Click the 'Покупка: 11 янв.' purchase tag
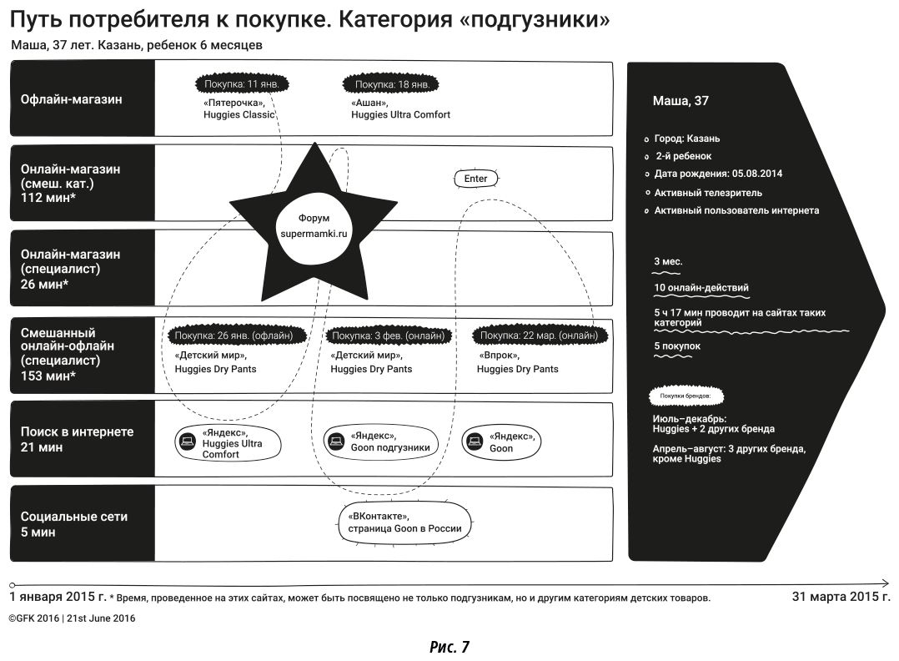pos(246,84)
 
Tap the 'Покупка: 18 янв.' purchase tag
pos(392,84)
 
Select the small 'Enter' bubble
pos(475,179)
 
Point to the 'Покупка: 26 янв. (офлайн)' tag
pos(234,336)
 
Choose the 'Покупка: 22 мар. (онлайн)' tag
pos(540,336)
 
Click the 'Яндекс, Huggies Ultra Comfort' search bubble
pos(226,443)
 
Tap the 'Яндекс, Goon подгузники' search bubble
pos(380,442)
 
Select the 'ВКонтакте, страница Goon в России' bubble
pos(405,523)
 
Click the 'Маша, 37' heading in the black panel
pos(681,101)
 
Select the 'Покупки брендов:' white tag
pos(686,396)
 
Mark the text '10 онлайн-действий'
pos(701,288)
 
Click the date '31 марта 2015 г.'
pos(841,596)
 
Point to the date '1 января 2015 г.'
pos(58,597)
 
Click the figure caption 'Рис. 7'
pos(449,646)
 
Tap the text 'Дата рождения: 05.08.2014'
pos(718,174)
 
